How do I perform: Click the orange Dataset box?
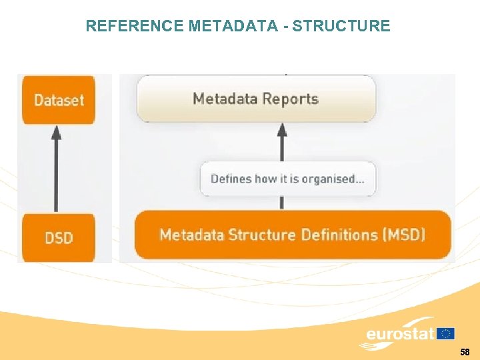59,100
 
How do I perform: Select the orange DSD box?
59,237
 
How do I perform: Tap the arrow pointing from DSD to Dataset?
57,167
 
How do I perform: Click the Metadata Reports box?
256,99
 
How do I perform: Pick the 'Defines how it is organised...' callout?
287,179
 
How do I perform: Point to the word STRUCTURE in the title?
341,26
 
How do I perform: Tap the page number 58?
465,351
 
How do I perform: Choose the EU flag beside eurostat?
446,333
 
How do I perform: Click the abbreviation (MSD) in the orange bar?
405,235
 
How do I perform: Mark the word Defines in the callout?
231,179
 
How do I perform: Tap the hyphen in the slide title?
287,26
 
